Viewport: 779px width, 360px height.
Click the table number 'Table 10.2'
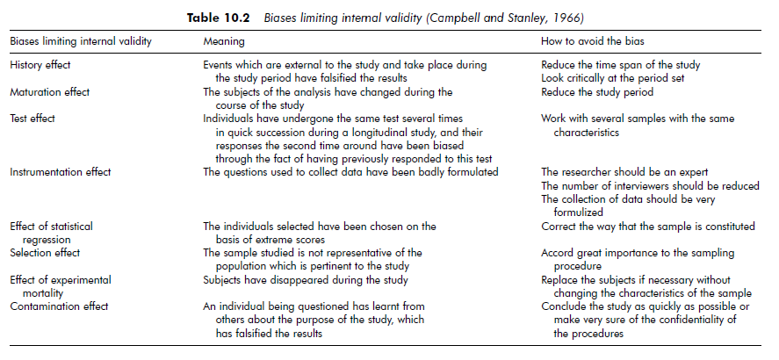222,17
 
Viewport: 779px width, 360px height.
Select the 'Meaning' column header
224,42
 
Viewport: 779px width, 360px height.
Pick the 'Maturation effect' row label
49,91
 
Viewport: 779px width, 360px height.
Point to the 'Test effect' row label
33,118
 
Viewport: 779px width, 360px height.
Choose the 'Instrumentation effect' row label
60,172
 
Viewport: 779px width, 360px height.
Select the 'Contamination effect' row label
58,306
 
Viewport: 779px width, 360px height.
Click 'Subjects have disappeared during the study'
305,280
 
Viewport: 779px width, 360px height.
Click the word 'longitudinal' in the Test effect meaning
400,132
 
